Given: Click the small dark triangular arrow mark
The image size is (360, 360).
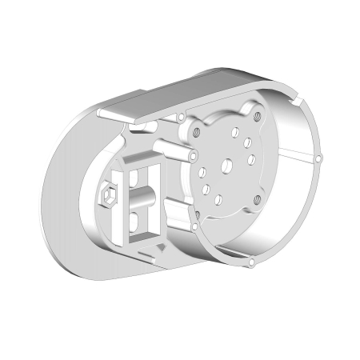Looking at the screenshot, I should tap(162, 248).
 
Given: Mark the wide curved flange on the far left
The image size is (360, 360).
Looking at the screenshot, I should tap(64, 200).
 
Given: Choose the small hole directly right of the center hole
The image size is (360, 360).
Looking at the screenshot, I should tap(252, 159).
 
